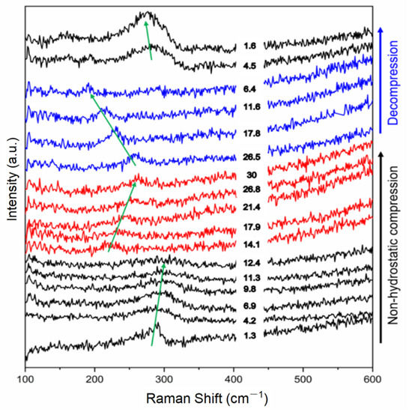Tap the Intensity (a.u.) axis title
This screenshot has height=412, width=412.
tap(10, 177)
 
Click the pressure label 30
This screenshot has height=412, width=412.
tap(249, 175)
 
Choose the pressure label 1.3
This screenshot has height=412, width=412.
tap(249, 336)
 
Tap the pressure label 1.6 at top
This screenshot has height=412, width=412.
tap(249, 46)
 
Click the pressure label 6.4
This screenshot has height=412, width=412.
tap(249, 88)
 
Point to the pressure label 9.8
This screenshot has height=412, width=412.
tap(249, 288)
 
